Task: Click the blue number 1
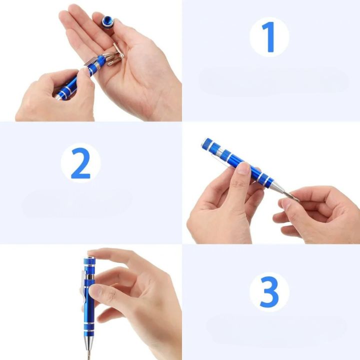(x=268, y=36)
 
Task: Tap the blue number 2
(x=80, y=163)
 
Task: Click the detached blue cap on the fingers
(x=107, y=21)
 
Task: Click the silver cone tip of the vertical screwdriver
(x=90, y=345)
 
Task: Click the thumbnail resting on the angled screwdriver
(x=243, y=168)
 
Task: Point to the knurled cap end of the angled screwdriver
(x=207, y=145)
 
